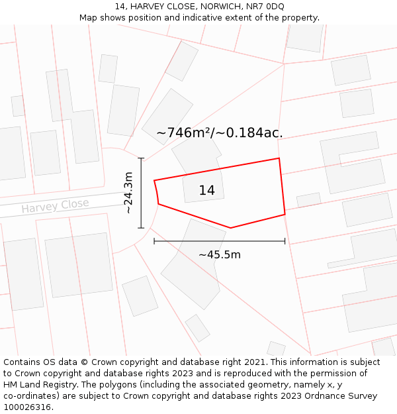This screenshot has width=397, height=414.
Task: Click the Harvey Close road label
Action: point(55,206)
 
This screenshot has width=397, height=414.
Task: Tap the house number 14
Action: point(206,191)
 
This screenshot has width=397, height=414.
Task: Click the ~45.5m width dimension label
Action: point(220,254)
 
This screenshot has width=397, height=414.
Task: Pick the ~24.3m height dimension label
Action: point(128,193)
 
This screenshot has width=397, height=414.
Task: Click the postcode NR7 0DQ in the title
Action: point(265,7)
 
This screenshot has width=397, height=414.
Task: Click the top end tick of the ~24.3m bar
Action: point(141,158)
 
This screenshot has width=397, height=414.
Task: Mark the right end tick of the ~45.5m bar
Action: point(285,241)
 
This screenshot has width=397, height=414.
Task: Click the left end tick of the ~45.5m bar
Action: point(154,241)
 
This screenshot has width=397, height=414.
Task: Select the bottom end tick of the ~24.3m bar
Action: point(141,228)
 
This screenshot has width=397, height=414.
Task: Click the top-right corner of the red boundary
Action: point(279,158)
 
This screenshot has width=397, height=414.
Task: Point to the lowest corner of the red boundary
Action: point(230,228)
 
